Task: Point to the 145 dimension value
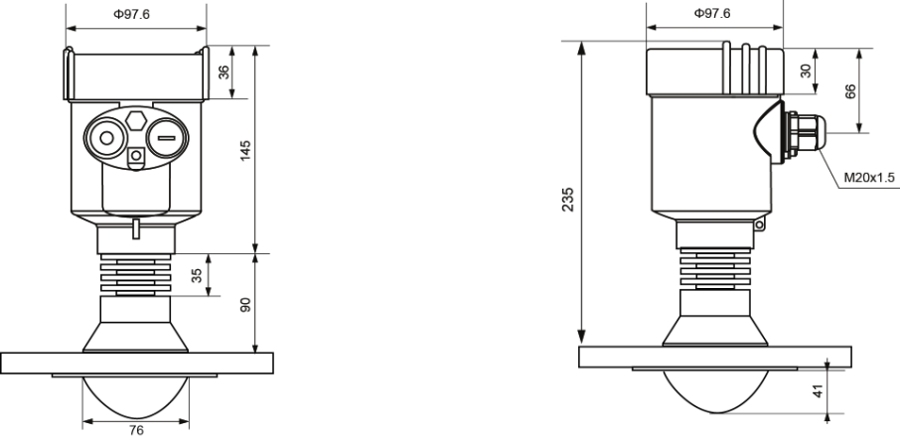coord(246,149)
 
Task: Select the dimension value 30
coord(806,71)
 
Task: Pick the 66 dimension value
coord(849,89)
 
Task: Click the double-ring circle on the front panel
coord(103,138)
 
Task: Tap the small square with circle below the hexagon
coord(136,155)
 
